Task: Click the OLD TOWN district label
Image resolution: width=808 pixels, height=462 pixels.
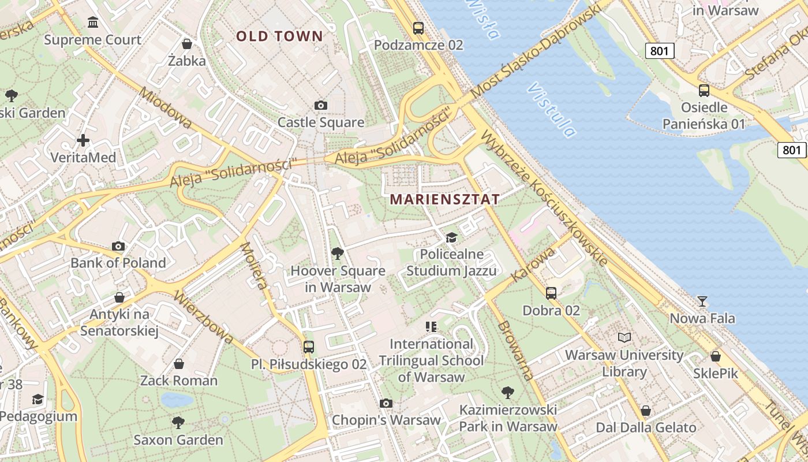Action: pyautogui.click(x=279, y=36)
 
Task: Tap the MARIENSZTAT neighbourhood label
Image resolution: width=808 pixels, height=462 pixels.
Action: pyautogui.click(x=444, y=200)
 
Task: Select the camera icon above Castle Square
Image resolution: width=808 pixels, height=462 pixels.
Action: pyautogui.click(x=321, y=105)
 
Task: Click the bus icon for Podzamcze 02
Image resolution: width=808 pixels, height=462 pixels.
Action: pyautogui.click(x=418, y=27)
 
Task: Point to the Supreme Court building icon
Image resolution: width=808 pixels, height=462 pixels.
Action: pyautogui.click(x=92, y=23)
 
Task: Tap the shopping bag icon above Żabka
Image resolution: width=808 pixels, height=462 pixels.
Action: pyautogui.click(x=187, y=44)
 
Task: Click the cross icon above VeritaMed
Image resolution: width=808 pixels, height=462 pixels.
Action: pyautogui.click(x=83, y=140)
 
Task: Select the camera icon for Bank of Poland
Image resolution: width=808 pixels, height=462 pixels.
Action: pyautogui.click(x=118, y=247)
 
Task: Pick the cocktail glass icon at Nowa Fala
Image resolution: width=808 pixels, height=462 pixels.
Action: pyautogui.click(x=702, y=301)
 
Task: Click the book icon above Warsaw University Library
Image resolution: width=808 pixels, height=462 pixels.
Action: pyautogui.click(x=624, y=337)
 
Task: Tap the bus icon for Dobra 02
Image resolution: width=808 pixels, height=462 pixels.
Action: pyautogui.click(x=551, y=293)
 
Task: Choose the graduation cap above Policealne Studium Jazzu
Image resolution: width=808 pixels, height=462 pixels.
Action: pyautogui.click(x=451, y=237)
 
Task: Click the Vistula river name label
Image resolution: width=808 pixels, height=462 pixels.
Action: pyautogui.click(x=552, y=110)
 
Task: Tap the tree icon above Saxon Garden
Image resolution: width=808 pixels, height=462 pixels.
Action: pyautogui.click(x=178, y=422)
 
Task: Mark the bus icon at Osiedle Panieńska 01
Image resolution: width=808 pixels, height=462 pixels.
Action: pyautogui.click(x=704, y=90)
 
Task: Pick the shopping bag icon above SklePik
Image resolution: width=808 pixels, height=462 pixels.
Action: pyautogui.click(x=716, y=356)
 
